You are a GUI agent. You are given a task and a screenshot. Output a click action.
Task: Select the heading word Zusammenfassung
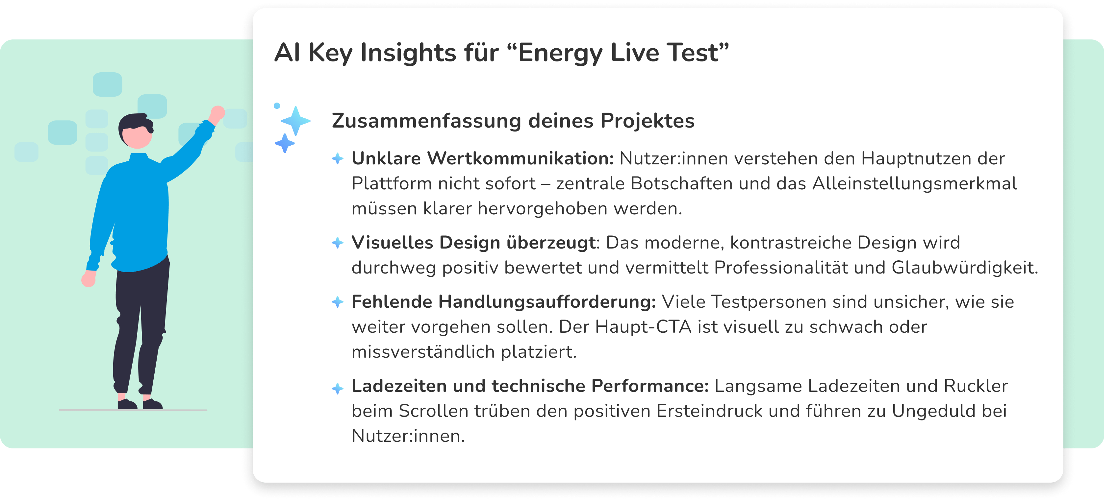pos(426,121)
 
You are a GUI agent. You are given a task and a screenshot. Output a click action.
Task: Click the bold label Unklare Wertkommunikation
pos(483,158)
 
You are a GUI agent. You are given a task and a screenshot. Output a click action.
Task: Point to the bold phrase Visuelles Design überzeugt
pos(473,243)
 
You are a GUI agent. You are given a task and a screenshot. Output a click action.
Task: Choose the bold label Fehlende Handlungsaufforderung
pos(503,302)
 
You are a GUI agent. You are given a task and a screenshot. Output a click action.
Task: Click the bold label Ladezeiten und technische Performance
pos(530,386)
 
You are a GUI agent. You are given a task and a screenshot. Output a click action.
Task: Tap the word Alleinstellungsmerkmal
pos(914,184)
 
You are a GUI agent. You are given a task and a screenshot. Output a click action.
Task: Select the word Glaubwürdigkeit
pos(964,268)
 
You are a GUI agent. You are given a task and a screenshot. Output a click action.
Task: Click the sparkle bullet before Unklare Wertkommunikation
pos(338,159)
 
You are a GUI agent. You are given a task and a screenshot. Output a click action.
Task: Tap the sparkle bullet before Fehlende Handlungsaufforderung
pos(338,302)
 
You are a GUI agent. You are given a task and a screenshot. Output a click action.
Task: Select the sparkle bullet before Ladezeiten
pos(338,388)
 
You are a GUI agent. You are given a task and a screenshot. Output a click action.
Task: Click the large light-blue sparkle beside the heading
pos(296,121)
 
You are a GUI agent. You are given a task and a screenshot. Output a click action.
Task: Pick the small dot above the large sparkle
pos(277,106)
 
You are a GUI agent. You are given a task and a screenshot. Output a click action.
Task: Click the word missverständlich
pos(423,352)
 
